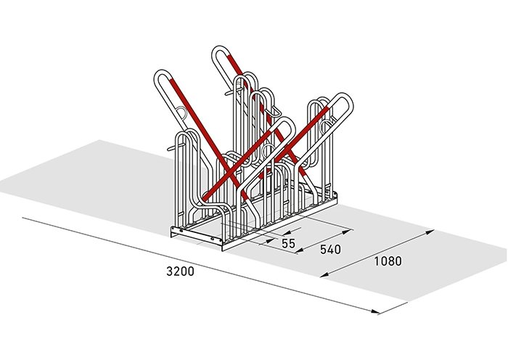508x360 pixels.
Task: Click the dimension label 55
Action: [288, 243]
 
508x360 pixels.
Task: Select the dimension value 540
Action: [330, 250]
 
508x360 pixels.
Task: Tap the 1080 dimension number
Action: [388, 261]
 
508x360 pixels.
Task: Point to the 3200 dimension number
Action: [180, 271]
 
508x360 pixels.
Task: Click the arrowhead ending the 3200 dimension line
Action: [374, 311]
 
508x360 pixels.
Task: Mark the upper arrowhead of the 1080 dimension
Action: [430, 232]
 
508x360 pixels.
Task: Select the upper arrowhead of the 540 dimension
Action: [348, 232]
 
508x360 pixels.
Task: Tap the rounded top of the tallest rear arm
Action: [220, 49]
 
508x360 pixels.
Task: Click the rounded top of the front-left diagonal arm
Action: [162, 72]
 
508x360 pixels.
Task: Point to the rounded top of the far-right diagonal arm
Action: [345, 97]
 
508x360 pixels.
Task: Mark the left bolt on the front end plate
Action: [181, 231]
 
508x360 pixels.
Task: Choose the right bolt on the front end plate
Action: [213, 239]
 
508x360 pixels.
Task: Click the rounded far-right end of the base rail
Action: [335, 196]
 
